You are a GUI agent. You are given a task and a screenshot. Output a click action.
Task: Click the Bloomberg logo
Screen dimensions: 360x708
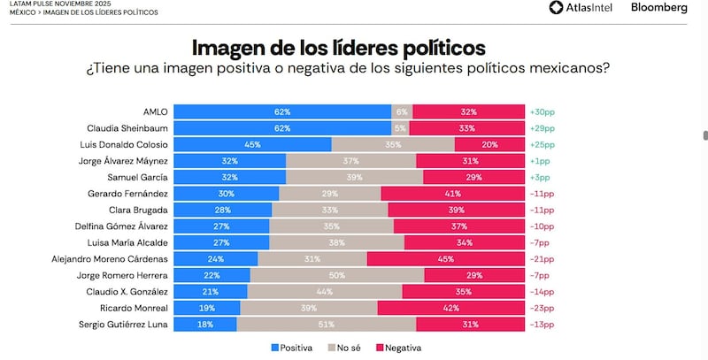(658, 8)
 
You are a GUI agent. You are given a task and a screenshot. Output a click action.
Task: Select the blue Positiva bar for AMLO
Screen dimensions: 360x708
(282, 112)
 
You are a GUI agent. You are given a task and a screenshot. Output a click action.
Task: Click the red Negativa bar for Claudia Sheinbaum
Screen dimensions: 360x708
(468, 128)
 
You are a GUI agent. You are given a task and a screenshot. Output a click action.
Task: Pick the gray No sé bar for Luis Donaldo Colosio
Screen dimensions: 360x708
(393, 145)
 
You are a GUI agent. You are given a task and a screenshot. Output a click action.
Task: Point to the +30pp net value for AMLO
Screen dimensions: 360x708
(541, 112)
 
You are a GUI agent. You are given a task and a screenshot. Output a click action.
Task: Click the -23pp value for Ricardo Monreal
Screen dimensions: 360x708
(541, 309)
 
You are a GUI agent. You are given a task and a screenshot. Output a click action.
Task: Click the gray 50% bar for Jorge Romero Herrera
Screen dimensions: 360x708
(335, 276)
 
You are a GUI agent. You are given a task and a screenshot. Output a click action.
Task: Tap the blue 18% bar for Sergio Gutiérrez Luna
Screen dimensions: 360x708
(204, 325)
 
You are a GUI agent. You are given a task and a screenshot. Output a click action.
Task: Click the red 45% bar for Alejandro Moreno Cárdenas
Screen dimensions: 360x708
(445, 259)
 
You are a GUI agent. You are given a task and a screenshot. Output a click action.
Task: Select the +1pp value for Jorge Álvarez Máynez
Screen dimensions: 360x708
(539, 161)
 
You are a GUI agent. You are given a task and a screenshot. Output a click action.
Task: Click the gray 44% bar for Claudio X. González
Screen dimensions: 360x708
(325, 292)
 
